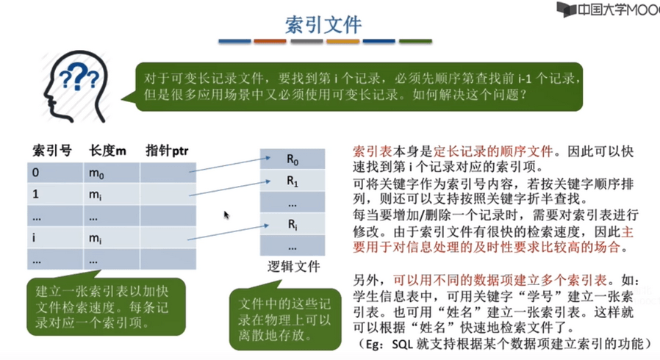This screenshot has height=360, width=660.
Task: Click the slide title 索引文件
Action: (x=323, y=25)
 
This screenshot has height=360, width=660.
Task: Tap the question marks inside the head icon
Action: (x=79, y=76)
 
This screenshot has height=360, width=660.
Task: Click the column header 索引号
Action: (x=52, y=151)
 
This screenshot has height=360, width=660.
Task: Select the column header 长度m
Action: (x=107, y=151)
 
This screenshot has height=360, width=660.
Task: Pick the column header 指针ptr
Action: (x=167, y=151)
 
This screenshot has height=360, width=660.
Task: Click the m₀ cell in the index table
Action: (x=111, y=173)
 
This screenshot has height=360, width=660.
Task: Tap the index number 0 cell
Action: (x=55, y=173)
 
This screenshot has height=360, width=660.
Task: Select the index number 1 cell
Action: (x=55, y=194)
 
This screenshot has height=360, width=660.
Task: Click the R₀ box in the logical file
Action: (x=293, y=159)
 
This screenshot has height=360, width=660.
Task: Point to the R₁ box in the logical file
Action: (x=293, y=181)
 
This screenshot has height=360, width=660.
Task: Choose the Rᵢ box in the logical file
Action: (x=293, y=224)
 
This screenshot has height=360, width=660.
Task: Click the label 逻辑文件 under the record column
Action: (x=294, y=266)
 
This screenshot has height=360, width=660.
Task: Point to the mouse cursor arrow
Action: (x=226, y=215)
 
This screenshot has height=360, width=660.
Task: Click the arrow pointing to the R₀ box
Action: (x=230, y=165)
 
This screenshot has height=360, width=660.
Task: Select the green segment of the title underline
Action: (x=415, y=41)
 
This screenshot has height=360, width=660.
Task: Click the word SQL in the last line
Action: (x=401, y=345)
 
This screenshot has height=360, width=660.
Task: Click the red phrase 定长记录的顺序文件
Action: (x=493, y=151)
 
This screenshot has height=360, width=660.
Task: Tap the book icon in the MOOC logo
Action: (x=566, y=10)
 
